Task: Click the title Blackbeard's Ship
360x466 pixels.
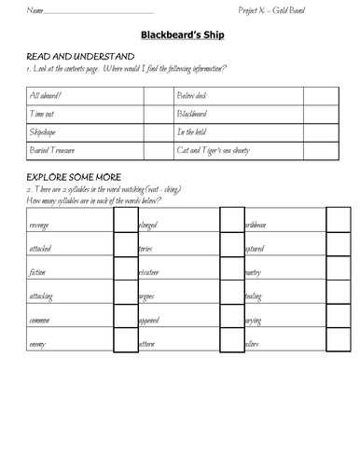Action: point(181,36)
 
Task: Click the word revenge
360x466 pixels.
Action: point(41,225)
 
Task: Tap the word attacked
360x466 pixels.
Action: point(42,249)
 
